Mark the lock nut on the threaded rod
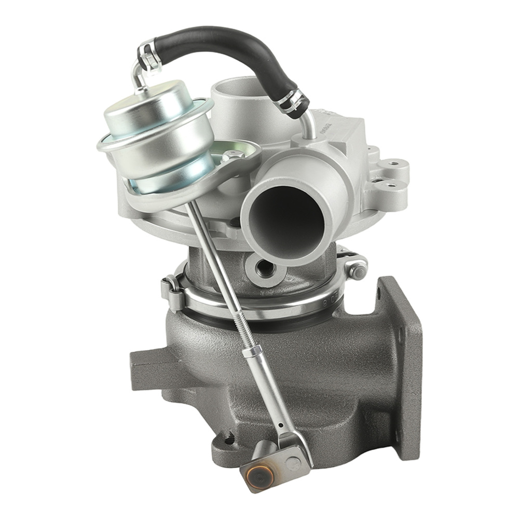[x=251, y=351]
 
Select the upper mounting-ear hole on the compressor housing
[x=394, y=164]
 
